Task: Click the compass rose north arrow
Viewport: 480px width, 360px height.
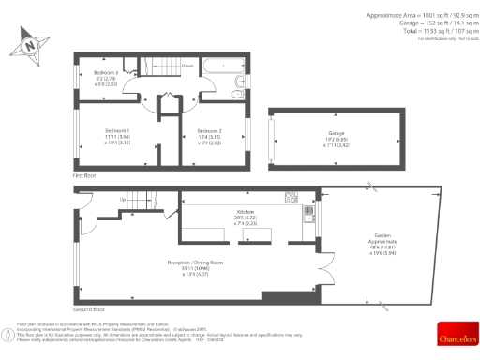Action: (x=31, y=42)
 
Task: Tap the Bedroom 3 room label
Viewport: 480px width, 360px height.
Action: (x=105, y=73)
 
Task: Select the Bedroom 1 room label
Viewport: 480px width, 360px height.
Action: (x=117, y=130)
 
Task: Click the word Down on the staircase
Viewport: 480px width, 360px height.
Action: (x=187, y=67)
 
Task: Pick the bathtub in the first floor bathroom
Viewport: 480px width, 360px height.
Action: (x=221, y=67)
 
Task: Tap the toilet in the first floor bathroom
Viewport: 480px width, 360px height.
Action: (x=243, y=82)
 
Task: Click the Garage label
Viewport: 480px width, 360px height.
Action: (x=336, y=134)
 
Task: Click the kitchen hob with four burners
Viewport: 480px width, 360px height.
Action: (x=292, y=197)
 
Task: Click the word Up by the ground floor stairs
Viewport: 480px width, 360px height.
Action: (x=122, y=200)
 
